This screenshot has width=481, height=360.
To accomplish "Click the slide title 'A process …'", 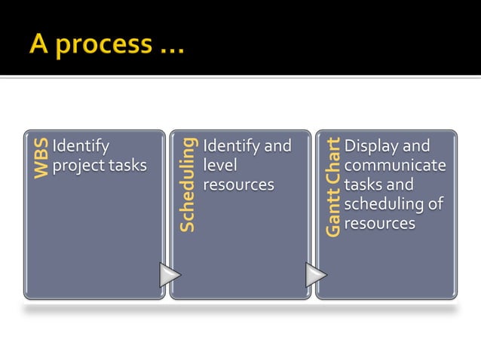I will click(x=106, y=45).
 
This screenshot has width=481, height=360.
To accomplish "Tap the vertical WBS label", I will click(x=41, y=157).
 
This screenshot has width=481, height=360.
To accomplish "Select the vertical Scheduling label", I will click(x=188, y=184).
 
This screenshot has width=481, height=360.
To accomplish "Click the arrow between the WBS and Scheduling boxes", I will click(x=170, y=275).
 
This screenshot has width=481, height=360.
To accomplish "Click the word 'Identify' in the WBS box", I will click(x=81, y=146).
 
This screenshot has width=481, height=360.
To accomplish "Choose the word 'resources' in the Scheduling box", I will click(x=238, y=185).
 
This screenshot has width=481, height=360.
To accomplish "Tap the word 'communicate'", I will click(x=394, y=166).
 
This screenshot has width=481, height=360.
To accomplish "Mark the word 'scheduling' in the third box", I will click(x=384, y=204).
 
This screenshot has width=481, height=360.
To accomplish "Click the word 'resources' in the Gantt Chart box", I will click(x=379, y=224).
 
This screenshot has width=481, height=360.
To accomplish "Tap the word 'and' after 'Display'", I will click(x=416, y=146).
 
